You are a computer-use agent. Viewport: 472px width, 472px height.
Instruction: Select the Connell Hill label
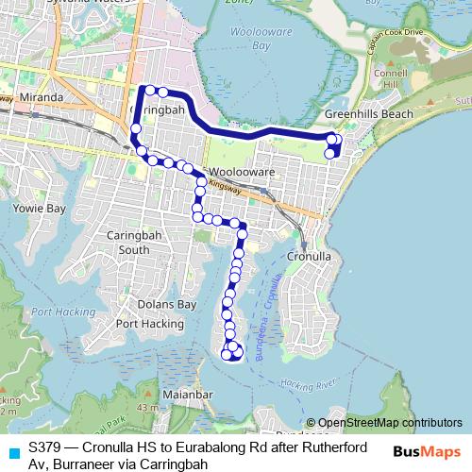[x=389, y=79]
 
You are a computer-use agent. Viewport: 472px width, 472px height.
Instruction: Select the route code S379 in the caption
[x=46, y=445]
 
